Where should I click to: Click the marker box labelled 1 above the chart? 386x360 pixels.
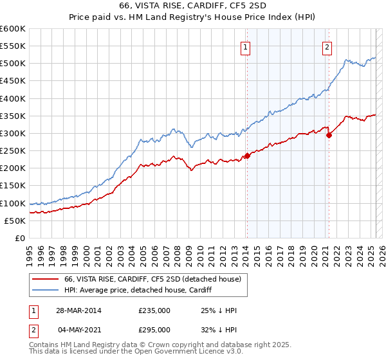point(246,46)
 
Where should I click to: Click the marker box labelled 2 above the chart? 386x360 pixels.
point(327,46)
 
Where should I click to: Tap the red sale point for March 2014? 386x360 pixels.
point(247,156)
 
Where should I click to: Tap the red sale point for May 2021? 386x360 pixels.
point(329,135)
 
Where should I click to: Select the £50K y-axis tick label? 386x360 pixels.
point(15,221)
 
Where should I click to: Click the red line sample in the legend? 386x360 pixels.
point(44,279)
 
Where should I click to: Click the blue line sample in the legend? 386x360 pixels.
point(44,290)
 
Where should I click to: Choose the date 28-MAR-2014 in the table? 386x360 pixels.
point(78,311)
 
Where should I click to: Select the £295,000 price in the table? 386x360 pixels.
point(154,330)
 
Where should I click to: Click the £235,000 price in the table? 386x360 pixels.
point(154,311)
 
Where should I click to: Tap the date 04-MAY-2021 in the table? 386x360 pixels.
point(78,330)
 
